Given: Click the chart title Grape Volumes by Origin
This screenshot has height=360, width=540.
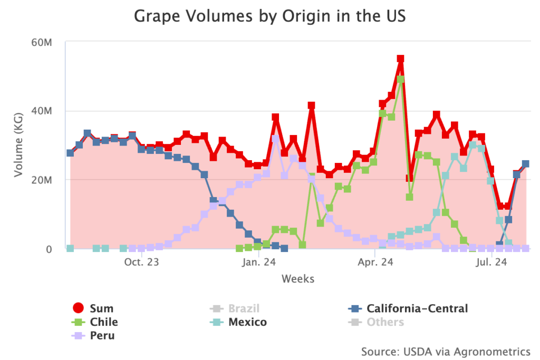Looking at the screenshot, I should pos(269,16).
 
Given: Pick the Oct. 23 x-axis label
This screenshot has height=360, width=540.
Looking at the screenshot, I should pos(142,262).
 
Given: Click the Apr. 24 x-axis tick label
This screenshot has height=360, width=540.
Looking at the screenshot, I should pos(375,262).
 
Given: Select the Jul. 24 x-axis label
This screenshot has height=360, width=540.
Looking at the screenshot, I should pos(491,262).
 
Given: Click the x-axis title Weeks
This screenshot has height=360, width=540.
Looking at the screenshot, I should pos(298,279).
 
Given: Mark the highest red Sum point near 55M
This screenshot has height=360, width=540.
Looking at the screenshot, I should pos(400,59).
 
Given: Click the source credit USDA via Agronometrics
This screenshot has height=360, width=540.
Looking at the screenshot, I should pos(446,351).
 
